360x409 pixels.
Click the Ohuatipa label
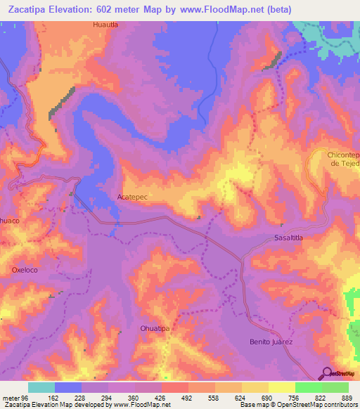(156, 328)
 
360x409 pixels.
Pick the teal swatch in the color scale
(41, 387)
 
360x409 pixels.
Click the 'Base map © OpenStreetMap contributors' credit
(297, 405)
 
